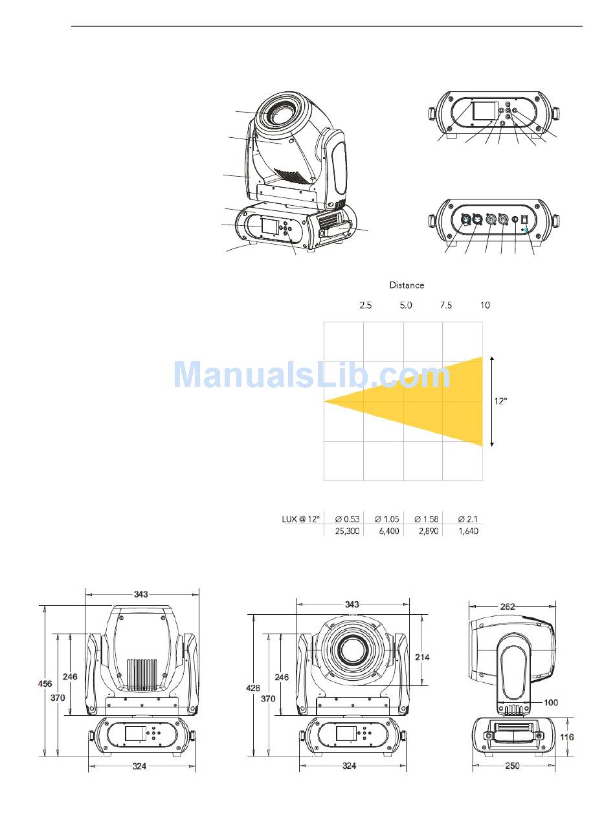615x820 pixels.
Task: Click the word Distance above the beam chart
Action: click(407, 285)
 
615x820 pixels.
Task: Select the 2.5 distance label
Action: click(365, 305)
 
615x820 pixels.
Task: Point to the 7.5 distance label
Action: click(446, 305)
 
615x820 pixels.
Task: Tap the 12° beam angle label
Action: click(500, 401)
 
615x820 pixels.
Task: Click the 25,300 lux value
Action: click(347, 531)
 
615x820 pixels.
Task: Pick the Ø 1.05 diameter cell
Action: click(386, 519)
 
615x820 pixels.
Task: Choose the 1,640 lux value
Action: click(468, 531)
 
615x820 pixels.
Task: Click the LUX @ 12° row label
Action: click(301, 519)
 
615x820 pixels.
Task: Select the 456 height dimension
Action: click(45, 683)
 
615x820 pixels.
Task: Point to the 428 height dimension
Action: click(253, 688)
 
